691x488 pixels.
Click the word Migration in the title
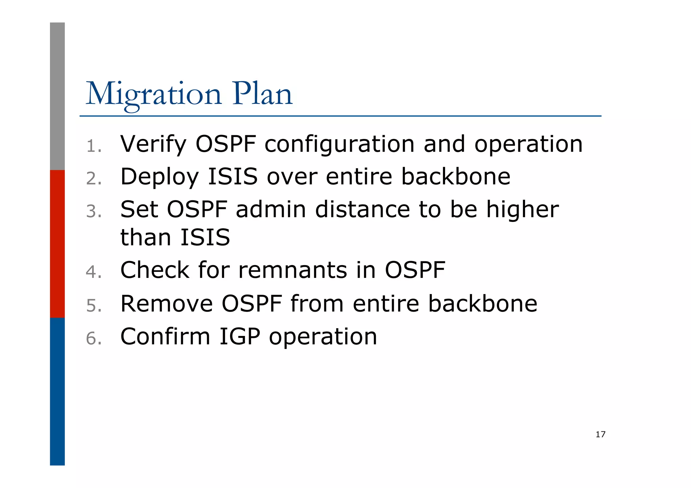[154, 94]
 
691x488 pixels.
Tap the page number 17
[600, 434]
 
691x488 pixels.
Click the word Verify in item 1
[153, 144]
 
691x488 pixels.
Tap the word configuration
[339, 144]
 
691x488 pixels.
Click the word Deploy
[160, 177]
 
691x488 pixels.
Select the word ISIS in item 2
[233, 176]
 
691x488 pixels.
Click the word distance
[362, 209]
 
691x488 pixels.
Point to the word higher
[522, 210]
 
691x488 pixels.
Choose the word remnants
[293, 270]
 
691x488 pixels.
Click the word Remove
[167, 304]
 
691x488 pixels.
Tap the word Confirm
[165, 337]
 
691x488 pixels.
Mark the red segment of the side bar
[57, 243]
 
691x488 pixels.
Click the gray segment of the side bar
[57, 96]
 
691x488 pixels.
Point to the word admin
[271, 209]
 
